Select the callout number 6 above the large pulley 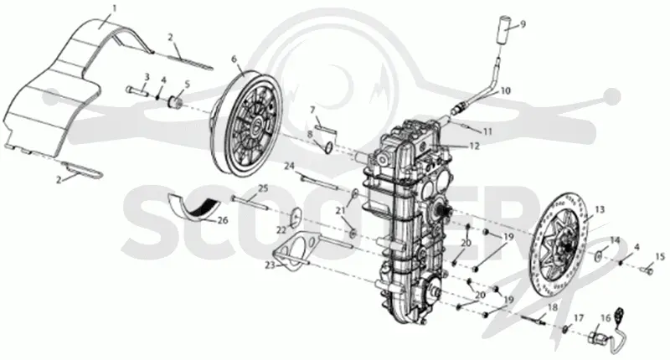pos(234,59)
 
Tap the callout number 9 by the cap pos(523,23)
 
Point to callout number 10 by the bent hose pos(506,90)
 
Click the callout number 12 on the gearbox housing pos(474,146)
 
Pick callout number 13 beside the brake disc pos(600,209)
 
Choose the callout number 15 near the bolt pos(660,257)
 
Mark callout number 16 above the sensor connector pos(606,318)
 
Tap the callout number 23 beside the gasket pos(270,265)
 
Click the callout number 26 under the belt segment pos(223,220)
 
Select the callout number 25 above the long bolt pos(263,188)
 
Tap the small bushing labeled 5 pos(177,102)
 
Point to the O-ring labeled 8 pos(328,147)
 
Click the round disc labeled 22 pos(294,216)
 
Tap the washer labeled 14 pos(600,255)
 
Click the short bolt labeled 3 pos(137,90)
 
